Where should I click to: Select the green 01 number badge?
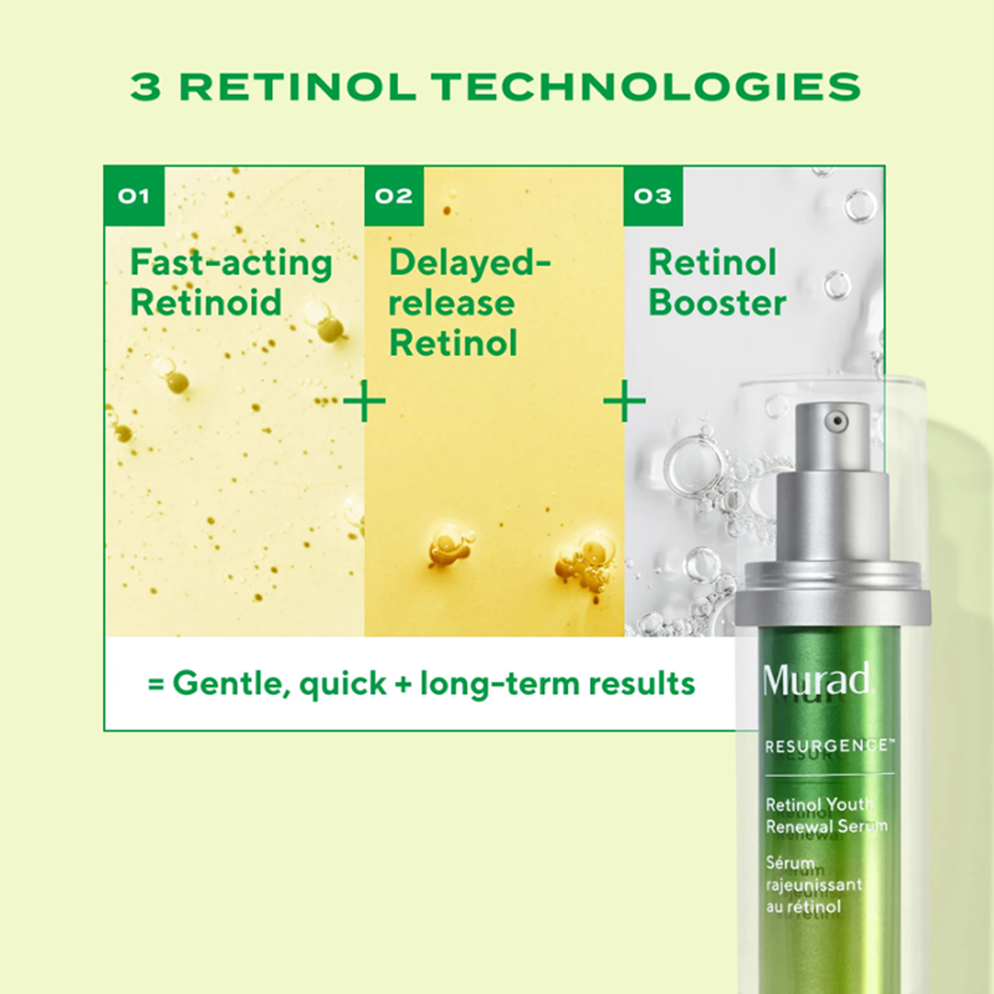pyautogui.click(x=134, y=196)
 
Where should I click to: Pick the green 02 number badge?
pyautogui.click(x=394, y=196)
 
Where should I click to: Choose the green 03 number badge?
pyautogui.click(x=653, y=196)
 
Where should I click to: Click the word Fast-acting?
pyautogui.click(x=231, y=263)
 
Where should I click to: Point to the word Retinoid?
pyautogui.click(x=206, y=303)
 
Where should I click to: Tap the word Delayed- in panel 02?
pyautogui.click(x=470, y=263)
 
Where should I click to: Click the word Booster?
pyautogui.click(x=717, y=303)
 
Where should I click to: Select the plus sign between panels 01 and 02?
pyautogui.click(x=364, y=401)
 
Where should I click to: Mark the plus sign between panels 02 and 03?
pyautogui.click(x=624, y=401)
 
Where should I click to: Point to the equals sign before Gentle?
pyautogui.click(x=156, y=684)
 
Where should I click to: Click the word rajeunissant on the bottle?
pyautogui.click(x=814, y=885)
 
